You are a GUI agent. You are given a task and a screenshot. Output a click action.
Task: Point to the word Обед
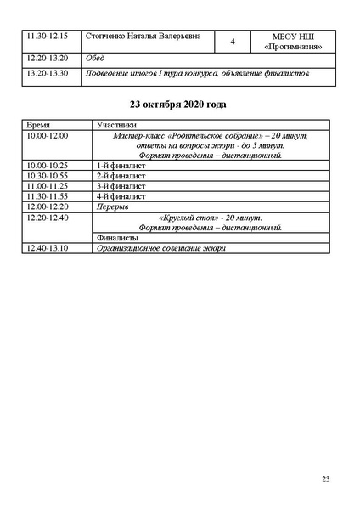coord(96,58)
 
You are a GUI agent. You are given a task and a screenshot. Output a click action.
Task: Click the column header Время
coord(38,124)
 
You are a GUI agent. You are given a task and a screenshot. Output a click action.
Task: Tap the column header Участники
coord(111,124)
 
